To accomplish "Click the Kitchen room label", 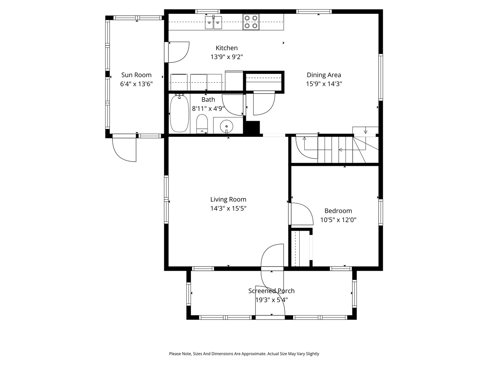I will pyautogui.click(x=226, y=48).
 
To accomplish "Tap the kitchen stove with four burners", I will pyautogui.click(x=251, y=22).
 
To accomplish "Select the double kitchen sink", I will pyautogui.click(x=213, y=22).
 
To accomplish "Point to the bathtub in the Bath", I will pyautogui.click(x=179, y=114).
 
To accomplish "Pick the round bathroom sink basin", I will pyautogui.click(x=227, y=125).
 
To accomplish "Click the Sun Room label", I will pyautogui.click(x=136, y=75).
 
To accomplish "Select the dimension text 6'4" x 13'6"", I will pyautogui.click(x=136, y=84).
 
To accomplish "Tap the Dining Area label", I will pyautogui.click(x=324, y=75).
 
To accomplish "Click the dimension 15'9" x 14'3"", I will pyautogui.click(x=324, y=84).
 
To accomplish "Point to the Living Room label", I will pyautogui.click(x=228, y=199).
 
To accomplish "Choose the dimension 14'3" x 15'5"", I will pyautogui.click(x=228, y=209).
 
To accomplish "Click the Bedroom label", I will pyautogui.click(x=338, y=211).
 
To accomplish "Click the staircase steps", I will pyautogui.click(x=335, y=150).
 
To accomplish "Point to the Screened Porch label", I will pyautogui.click(x=271, y=291).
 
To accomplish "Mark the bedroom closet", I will pyautogui.click(x=301, y=248).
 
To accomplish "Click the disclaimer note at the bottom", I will pyautogui.click(x=244, y=354).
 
